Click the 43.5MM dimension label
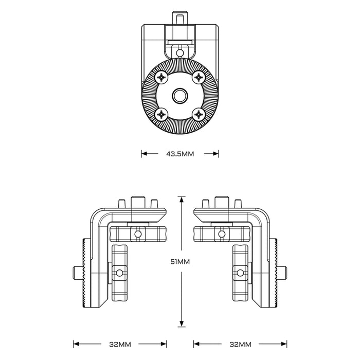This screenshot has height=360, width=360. point(180,154)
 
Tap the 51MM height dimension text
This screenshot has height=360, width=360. point(180,261)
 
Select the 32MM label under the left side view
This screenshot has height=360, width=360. point(120,345)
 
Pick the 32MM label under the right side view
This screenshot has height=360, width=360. point(240,345)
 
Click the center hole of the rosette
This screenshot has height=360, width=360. point(180,96)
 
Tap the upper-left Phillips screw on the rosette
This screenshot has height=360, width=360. point(162,77)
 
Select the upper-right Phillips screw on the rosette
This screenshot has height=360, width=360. point(199,77)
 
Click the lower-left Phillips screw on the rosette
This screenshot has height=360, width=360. point(162,114)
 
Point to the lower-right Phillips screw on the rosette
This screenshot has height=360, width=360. point(199,114)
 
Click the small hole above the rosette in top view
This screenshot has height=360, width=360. point(180,53)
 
